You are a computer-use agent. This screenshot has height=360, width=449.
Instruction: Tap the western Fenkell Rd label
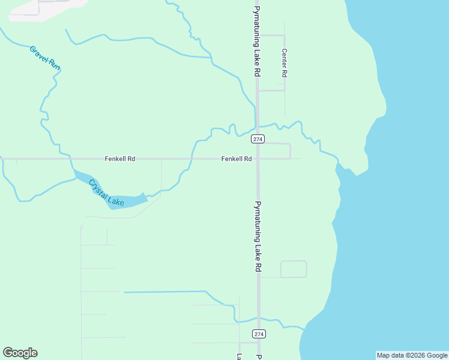tap(120, 159)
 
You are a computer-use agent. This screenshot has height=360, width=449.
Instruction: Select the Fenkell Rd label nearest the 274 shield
tap(236, 159)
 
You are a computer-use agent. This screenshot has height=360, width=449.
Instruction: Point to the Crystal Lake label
tap(106, 193)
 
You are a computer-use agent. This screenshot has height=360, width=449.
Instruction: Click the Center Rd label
tap(285, 63)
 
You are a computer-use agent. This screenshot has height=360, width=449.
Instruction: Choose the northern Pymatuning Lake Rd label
tap(257, 41)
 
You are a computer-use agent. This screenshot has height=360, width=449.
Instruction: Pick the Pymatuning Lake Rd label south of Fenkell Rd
tap(257, 236)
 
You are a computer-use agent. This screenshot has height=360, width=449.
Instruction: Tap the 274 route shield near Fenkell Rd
tap(258, 139)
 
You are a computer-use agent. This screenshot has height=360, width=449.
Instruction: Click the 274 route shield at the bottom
tap(258, 334)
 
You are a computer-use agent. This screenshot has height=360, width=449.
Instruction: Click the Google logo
tap(20, 353)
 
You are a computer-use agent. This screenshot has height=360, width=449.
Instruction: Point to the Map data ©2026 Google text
tap(412, 355)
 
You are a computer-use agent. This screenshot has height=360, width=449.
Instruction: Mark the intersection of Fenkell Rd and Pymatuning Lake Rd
tap(258, 159)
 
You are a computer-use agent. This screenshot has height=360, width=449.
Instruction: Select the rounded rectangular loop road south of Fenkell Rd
tap(294, 269)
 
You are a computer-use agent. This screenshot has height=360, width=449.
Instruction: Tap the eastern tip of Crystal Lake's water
tap(146, 196)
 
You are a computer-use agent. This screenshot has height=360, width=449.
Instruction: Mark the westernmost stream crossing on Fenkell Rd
tap(71, 159)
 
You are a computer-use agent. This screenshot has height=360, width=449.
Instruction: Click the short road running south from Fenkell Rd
tap(161, 177)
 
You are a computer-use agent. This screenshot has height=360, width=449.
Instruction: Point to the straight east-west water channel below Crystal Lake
tap(165, 292)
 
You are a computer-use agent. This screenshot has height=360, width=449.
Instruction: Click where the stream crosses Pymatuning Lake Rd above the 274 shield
tap(258, 127)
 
